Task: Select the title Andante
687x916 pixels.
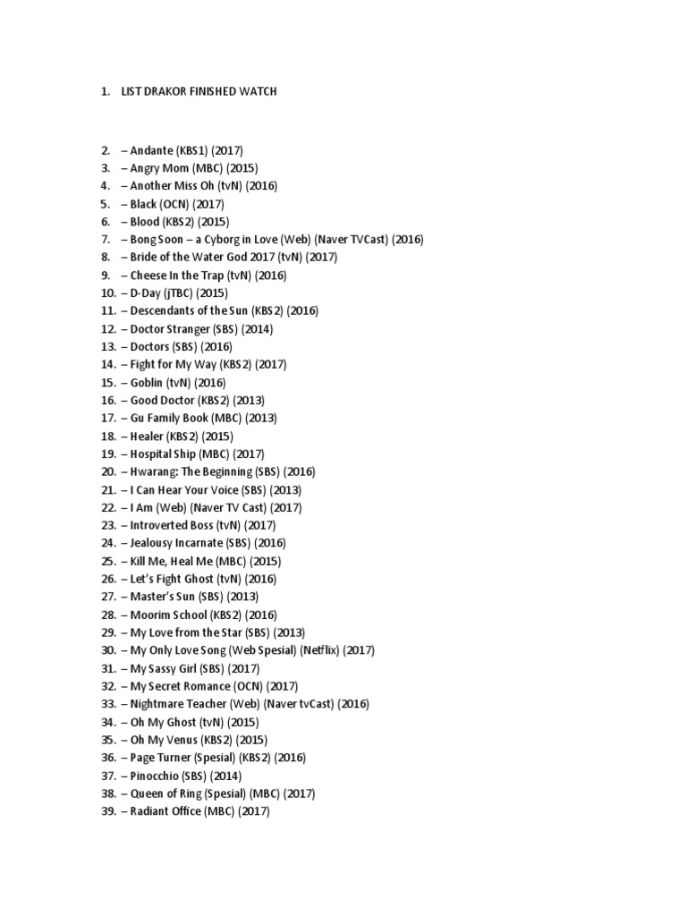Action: point(152,150)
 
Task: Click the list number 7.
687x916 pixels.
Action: point(104,240)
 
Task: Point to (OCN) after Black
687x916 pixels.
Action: point(178,204)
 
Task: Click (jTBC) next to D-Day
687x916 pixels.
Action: point(182,293)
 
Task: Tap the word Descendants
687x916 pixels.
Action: point(167,311)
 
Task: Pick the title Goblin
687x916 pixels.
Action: point(147,383)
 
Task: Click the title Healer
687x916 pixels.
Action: point(147,437)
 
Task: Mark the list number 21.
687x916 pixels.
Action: point(108,490)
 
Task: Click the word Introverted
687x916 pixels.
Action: point(159,525)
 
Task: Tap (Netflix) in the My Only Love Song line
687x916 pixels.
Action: point(320,650)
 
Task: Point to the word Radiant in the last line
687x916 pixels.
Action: point(149,811)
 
